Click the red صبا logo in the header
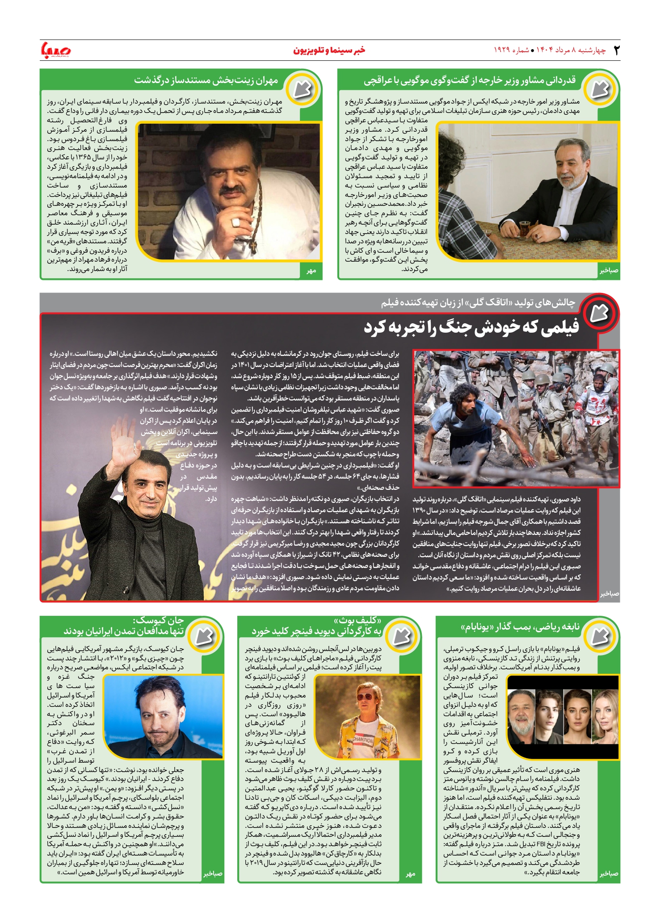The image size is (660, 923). pyautogui.click(x=55, y=50)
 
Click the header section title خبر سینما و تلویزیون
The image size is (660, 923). pyautogui.click(x=329, y=50)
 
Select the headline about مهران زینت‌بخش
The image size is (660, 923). pyautogui.click(x=206, y=81)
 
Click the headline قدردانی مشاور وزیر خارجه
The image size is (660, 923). pyautogui.click(x=469, y=81)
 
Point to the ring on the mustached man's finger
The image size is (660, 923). pyautogui.click(x=235, y=222)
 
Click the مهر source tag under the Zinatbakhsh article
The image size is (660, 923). pyautogui.click(x=311, y=271)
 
